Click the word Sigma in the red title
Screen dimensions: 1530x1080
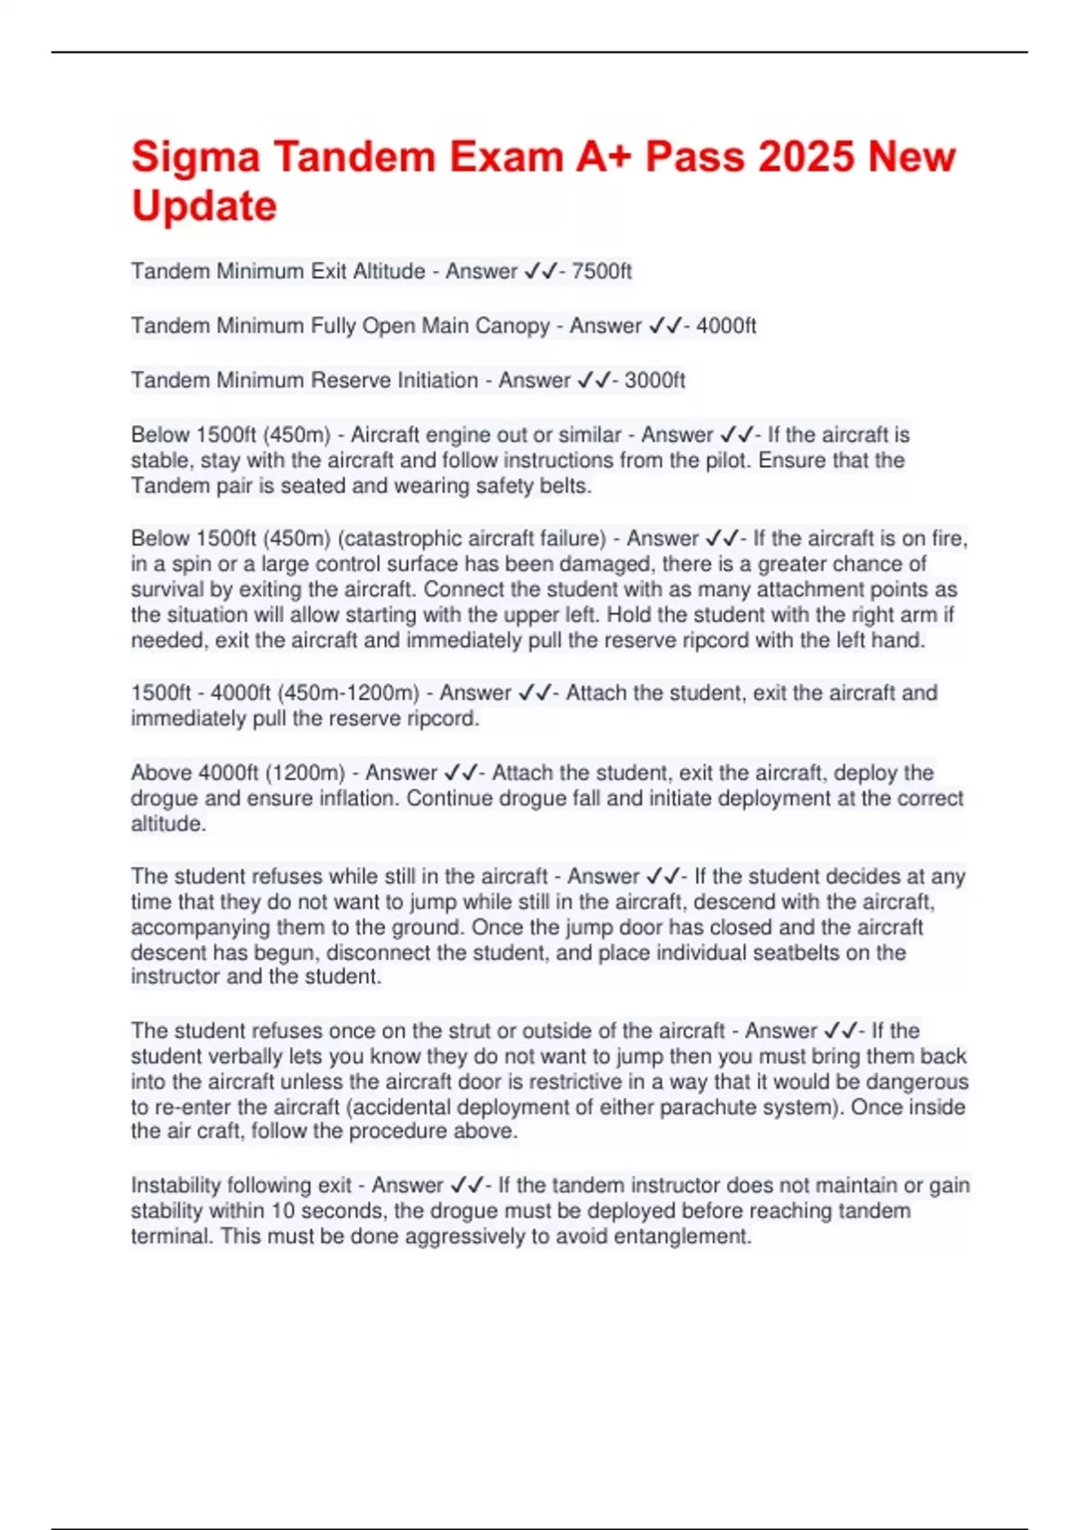(x=194, y=157)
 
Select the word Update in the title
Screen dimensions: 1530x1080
(x=204, y=206)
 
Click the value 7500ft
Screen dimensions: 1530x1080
(x=601, y=271)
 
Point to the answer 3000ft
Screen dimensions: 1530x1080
(x=654, y=380)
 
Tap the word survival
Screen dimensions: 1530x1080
(x=171, y=589)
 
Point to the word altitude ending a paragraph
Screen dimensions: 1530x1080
(x=167, y=823)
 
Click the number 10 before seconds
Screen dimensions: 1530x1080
(x=283, y=1210)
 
